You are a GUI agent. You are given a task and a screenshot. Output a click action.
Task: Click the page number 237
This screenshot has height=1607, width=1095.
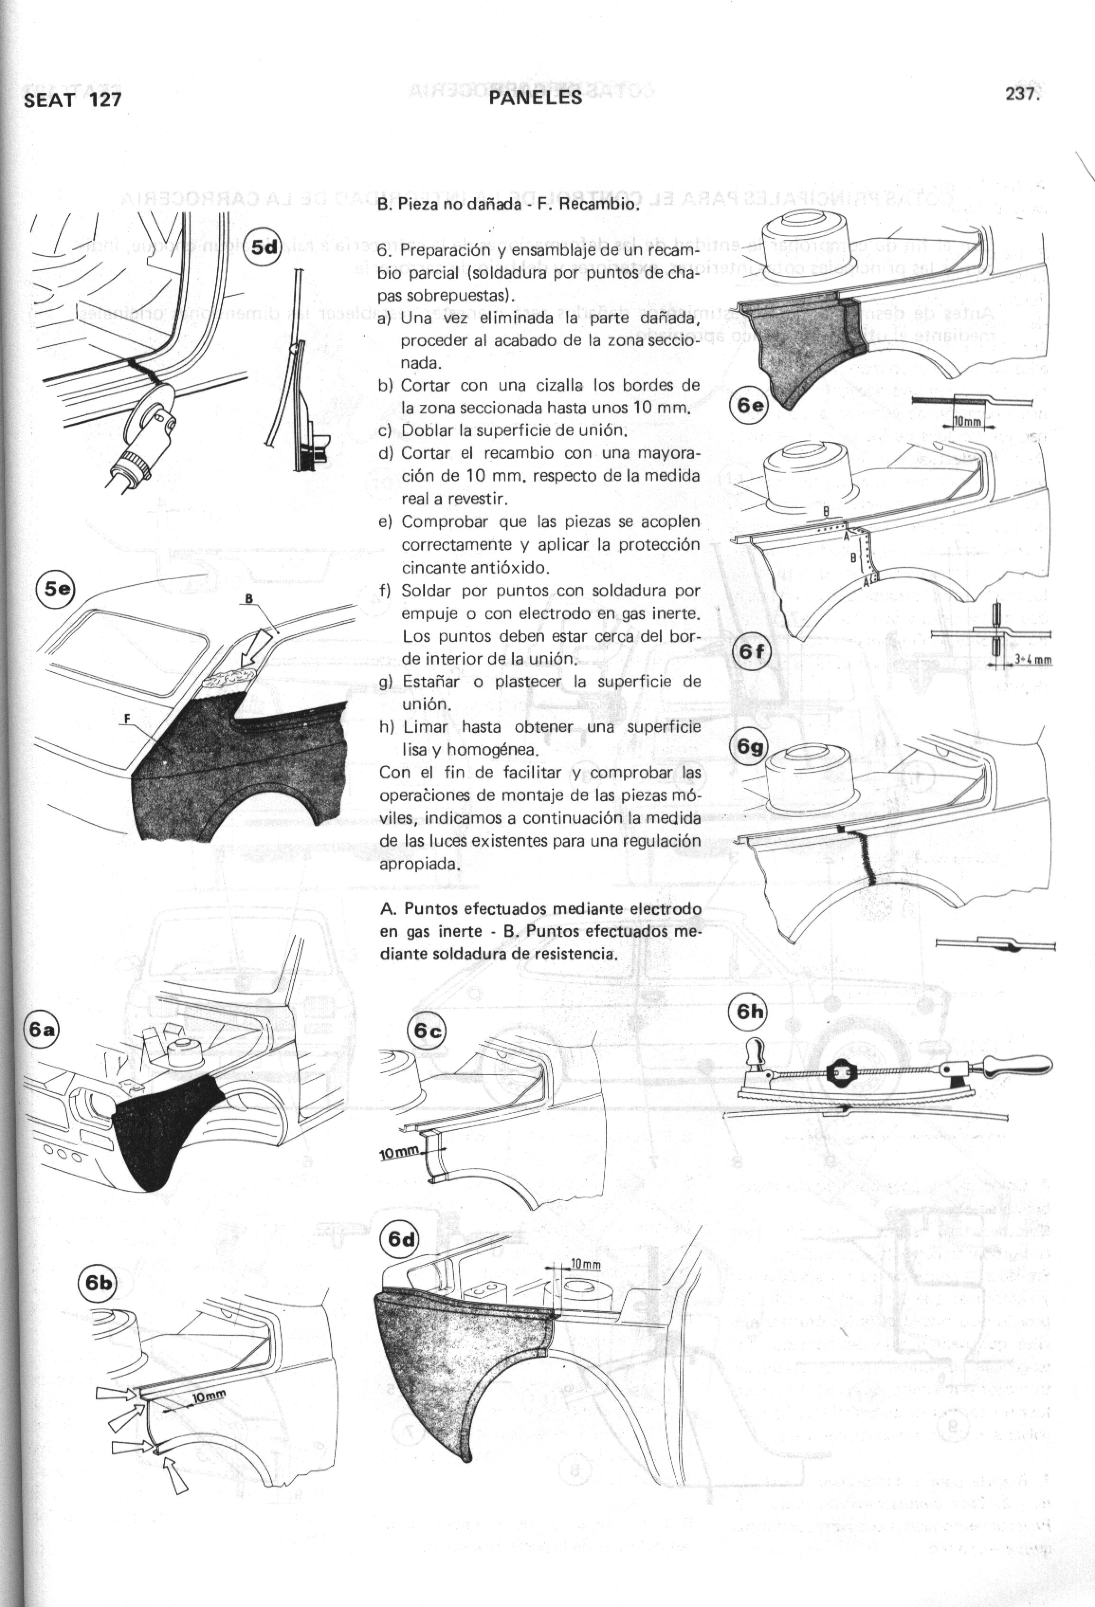[1023, 95]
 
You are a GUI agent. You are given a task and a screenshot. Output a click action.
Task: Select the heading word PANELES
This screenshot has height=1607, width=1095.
[536, 98]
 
